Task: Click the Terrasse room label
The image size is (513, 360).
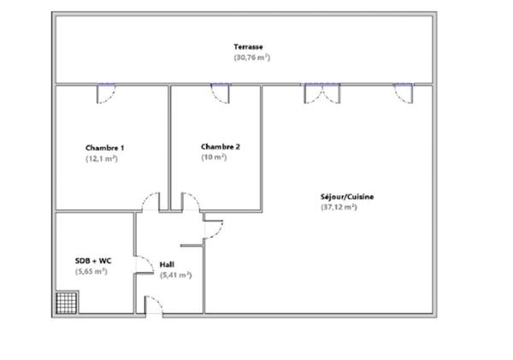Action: tap(248, 46)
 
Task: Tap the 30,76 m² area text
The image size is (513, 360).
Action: tap(251, 57)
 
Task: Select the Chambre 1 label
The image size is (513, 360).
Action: tap(99, 147)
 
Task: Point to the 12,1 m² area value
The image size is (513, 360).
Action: tap(101, 158)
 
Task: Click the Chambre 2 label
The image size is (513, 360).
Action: tap(220, 146)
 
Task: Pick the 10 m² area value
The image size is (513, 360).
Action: tap(214, 157)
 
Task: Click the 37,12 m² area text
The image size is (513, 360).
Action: tap(339, 207)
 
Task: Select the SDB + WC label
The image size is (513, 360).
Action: tap(92, 260)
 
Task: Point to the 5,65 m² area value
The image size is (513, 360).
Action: tap(91, 271)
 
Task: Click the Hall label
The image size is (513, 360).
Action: tap(167, 264)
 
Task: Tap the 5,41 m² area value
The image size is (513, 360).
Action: tap(175, 275)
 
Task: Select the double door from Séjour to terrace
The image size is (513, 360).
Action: tap(321, 92)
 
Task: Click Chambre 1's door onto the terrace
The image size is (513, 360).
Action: tap(106, 92)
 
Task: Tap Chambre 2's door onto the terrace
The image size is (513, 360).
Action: tap(221, 92)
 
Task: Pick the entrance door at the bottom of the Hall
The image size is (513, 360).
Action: tap(154, 306)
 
